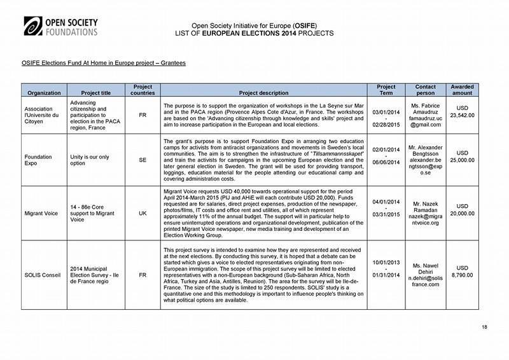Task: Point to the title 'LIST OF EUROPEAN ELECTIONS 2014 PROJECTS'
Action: (254, 31)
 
